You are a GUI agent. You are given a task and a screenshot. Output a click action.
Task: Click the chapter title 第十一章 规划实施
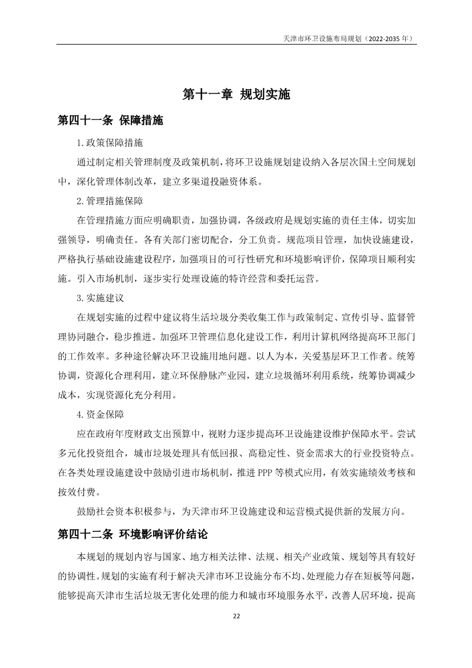pyautogui.click(x=236, y=94)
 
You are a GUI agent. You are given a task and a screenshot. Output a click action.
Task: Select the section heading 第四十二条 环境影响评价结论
pyautogui.click(x=133, y=535)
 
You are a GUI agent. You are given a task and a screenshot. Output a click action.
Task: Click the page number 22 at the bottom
pyautogui.click(x=236, y=617)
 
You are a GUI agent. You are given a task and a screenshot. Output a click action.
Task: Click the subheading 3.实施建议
pyautogui.click(x=100, y=298)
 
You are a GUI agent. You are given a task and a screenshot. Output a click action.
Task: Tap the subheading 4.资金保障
pyautogui.click(x=100, y=414)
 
